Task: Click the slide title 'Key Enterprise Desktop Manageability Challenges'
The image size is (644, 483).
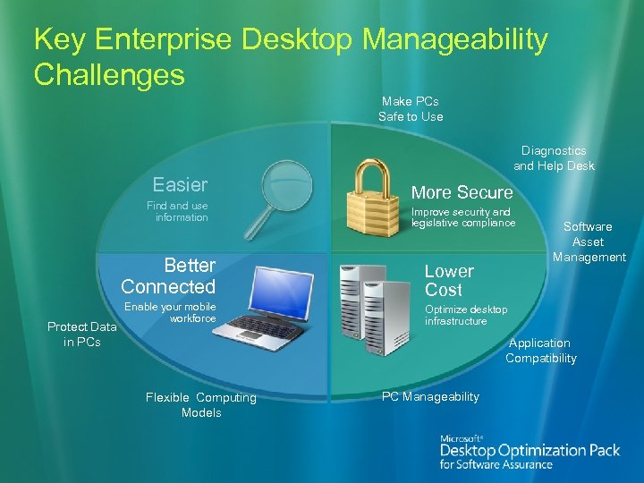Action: (290, 56)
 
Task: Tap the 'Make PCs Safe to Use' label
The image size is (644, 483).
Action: (410, 109)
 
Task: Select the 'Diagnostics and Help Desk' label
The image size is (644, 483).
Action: (553, 158)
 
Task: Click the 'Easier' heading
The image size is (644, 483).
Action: (180, 185)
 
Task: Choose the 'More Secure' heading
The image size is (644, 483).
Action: (462, 192)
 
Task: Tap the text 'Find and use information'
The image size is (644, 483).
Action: (177, 212)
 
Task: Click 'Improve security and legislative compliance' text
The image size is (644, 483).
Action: (462, 217)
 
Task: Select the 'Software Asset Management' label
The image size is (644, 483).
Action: (589, 241)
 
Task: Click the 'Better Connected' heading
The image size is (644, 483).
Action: (169, 275)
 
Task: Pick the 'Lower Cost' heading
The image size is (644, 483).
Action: (449, 280)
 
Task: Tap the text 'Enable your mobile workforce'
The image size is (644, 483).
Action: (170, 312)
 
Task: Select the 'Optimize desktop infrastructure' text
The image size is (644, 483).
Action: (466, 315)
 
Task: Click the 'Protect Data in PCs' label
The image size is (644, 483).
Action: (81, 335)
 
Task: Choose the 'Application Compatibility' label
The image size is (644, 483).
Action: (540, 351)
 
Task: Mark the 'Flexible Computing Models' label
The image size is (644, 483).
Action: (200, 405)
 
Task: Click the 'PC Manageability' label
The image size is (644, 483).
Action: (430, 396)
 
